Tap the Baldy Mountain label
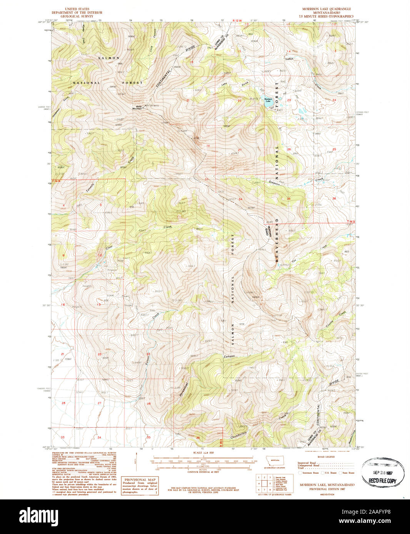(x=137, y=108)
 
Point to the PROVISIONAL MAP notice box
(x=140, y=486)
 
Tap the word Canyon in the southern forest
(x=229, y=357)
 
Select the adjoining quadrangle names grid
(x=264, y=483)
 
